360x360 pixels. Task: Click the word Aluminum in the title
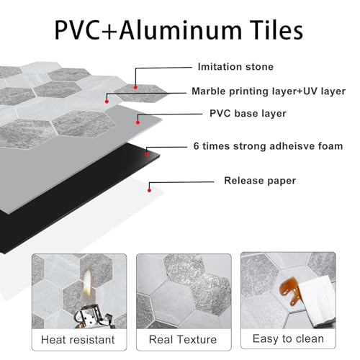pyautogui.click(x=181, y=30)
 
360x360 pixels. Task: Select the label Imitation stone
pyautogui.click(x=235, y=67)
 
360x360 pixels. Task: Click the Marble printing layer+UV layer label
pyautogui.click(x=269, y=91)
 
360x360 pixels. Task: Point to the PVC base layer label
pyautogui.click(x=248, y=114)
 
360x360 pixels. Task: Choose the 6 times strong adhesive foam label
pyautogui.click(x=268, y=146)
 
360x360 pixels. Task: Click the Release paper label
pyautogui.click(x=260, y=181)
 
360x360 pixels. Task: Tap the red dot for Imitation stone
pyautogui.click(x=135, y=87)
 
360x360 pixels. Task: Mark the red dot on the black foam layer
pyautogui.click(x=147, y=154)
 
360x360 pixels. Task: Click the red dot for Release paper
pyautogui.click(x=149, y=190)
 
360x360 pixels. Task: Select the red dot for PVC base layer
pyautogui.click(x=138, y=122)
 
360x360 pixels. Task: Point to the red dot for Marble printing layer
pyautogui.click(x=107, y=102)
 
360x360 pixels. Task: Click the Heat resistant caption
pyautogui.click(x=78, y=340)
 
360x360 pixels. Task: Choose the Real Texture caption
pyautogui.click(x=183, y=340)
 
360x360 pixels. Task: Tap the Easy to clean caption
pyautogui.click(x=288, y=339)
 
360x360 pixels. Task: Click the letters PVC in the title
pyautogui.click(x=77, y=30)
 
